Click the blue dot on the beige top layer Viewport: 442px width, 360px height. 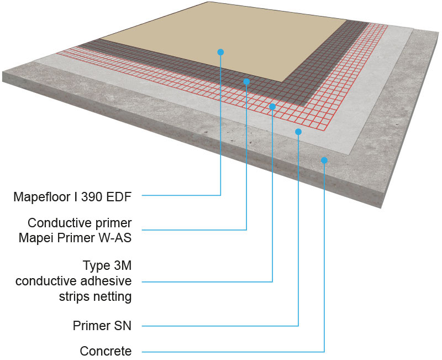pos(220,52)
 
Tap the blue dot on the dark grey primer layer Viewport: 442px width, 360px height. pos(246,81)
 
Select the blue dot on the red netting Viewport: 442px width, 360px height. pos(272,106)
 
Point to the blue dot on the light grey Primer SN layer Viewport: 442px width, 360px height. pos(298,132)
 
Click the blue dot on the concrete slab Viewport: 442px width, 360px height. pos(324,160)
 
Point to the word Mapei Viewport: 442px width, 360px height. pos(45,238)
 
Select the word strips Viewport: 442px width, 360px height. pos(75,296)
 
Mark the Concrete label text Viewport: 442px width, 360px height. pos(106,351)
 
